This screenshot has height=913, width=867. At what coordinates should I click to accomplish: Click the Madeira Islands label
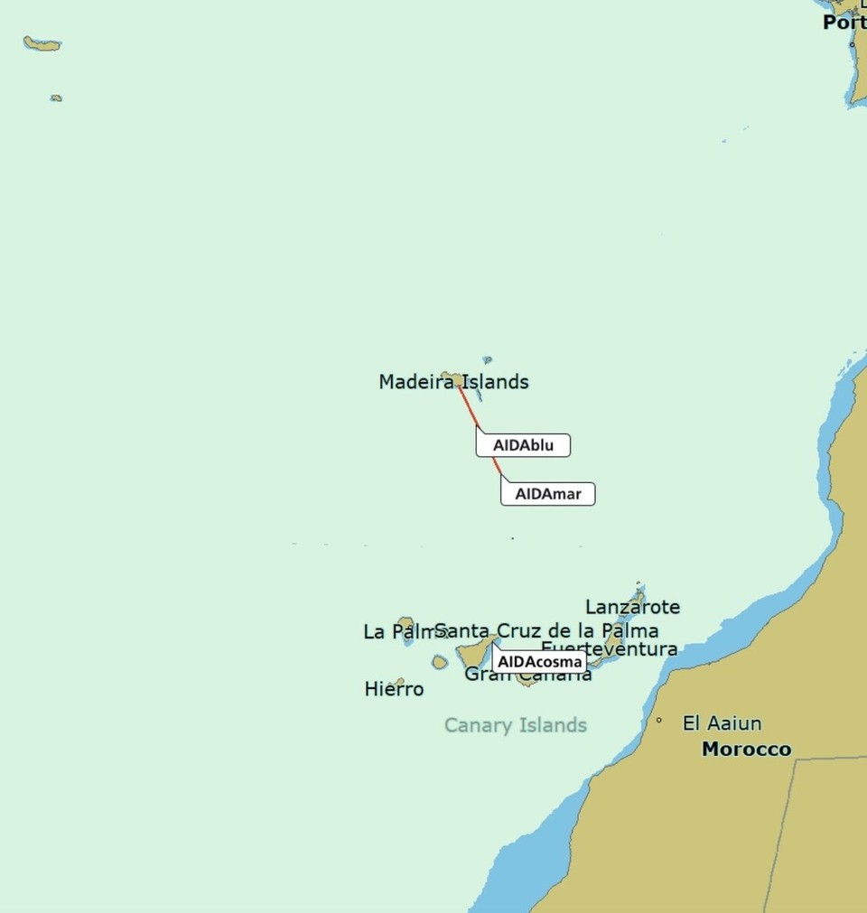pos(453,382)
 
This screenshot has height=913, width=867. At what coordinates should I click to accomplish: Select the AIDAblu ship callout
pos(524,445)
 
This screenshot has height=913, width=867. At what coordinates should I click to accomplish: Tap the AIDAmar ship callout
pos(548,494)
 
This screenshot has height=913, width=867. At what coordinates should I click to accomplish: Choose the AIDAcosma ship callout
pos(540,662)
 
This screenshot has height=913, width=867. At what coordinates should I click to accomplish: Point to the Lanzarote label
pos(632,607)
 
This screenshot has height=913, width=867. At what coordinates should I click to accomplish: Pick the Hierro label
pos(394,690)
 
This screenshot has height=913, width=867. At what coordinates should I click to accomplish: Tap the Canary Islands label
pos(515,725)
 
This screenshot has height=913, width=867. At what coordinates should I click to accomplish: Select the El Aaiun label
pos(722,723)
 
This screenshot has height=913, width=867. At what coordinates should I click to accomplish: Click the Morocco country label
pos(746,749)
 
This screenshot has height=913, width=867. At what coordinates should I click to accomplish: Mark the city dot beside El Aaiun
pos(659,721)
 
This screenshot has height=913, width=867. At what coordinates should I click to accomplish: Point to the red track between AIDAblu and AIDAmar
pos(495,464)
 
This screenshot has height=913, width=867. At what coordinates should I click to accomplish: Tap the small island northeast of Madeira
pos(488,359)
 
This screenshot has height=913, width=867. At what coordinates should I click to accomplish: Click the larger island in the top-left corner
pos(42,42)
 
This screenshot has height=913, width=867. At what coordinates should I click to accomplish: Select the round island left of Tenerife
pos(440,662)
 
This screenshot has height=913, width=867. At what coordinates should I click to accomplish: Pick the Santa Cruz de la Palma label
pos(546,630)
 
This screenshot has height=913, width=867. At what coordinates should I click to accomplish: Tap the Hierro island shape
pos(398,682)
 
